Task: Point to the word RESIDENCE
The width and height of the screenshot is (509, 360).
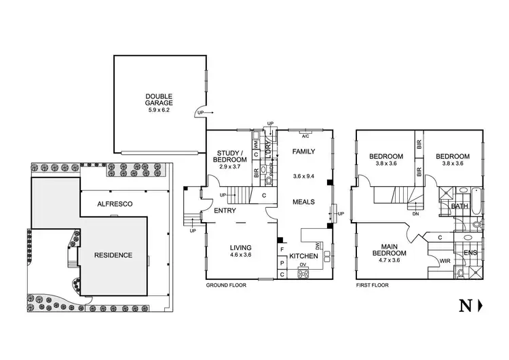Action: pyautogui.click(x=114, y=255)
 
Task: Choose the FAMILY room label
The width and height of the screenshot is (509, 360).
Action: pyautogui.click(x=304, y=152)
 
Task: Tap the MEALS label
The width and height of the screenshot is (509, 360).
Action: pyautogui.click(x=303, y=202)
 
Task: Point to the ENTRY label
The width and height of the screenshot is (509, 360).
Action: pyautogui.click(x=224, y=211)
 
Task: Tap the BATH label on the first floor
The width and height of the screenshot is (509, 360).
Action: pyautogui.click(x=459, y=206)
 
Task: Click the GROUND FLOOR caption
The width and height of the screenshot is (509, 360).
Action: pyautogui.click(x=226, y=286)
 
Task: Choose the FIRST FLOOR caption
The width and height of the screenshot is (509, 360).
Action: pyautogui.click(x=372, y=286)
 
